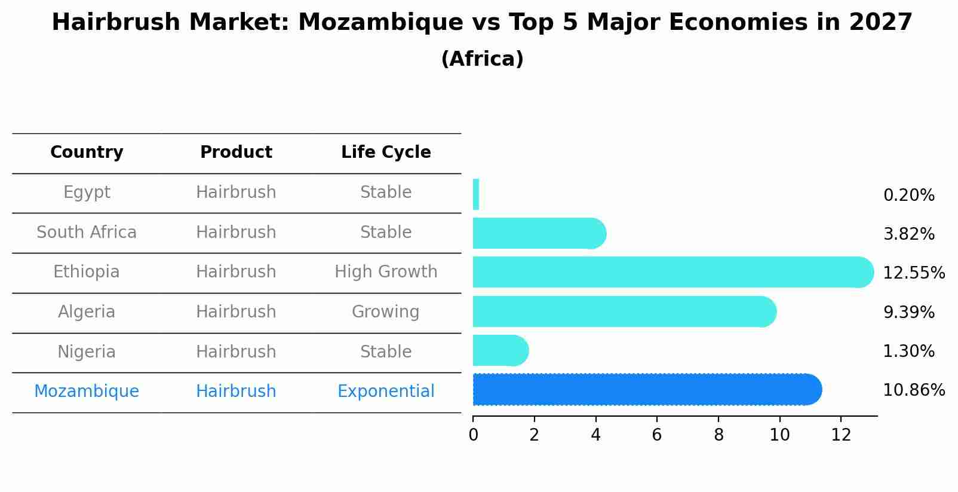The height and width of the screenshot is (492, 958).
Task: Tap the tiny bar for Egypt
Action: pyautogui.click(x=476, y=194)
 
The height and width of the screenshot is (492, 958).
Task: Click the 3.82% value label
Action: pyautogui.click(x=908, y=234)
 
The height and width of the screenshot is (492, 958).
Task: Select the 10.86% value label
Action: pyautogui.click(x=913, y=390)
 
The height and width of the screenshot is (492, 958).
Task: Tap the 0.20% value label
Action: pyautogui.click(x=908, y=195)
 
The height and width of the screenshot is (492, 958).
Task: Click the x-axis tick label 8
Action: pyautogui.click(x=719, y=435)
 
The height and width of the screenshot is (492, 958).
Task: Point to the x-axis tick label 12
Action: pyautogui.click(x=841, y=435)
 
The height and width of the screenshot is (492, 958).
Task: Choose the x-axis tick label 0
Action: pyautogui.click(x=473, y=435)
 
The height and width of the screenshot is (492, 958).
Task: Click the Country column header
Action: pyautogui.click(x=87, y=152)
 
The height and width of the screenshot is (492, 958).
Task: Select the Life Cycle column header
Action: pyautogui.click(x=386, y=152)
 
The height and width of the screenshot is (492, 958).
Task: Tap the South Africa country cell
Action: pyautogui.click(x=87, y=232)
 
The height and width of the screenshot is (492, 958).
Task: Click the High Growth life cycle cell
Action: pyautogui.click(x=386, y=272)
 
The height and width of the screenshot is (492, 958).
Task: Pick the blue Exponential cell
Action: pyautogui.click(x=386, y=392)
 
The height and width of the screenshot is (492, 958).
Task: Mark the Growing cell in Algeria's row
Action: pyautogui.click(x=386, y=312)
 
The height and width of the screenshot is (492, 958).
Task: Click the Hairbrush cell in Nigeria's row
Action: pyautogui.click(x=236, y=352)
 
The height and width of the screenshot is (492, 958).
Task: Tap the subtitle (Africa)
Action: pyautogui.click(x=482, y=59)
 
